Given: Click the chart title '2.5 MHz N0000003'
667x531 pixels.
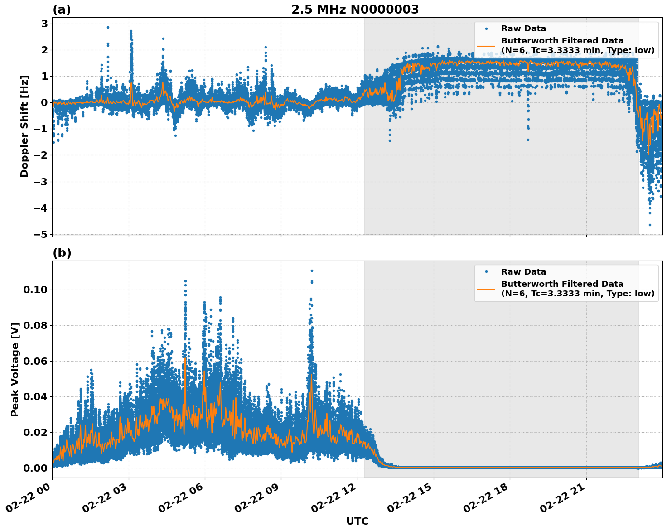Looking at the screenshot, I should pos(355,10).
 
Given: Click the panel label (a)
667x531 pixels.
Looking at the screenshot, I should pos(62,10).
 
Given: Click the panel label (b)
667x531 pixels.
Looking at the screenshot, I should pos(62,253).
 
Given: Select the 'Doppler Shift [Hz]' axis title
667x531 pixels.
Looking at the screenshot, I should pos(24,126).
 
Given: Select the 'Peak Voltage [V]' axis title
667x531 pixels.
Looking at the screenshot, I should pos(15,369).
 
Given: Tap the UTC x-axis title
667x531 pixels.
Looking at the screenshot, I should pos(357,521).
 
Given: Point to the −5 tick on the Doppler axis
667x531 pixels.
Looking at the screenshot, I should pos(40,234).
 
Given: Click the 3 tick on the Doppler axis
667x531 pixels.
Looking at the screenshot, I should pos(44,23).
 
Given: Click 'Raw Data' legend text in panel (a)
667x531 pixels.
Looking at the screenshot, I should pos(523,29).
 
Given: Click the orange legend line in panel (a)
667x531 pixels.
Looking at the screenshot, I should pos(486,46).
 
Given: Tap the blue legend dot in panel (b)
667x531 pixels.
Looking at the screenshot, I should pos(486,272).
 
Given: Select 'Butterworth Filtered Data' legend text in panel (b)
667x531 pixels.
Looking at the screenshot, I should pos(562,284).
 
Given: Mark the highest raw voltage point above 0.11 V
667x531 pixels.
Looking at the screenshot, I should pos(312,270).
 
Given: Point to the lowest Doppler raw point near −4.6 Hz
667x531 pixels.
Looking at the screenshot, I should pos(650,225).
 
